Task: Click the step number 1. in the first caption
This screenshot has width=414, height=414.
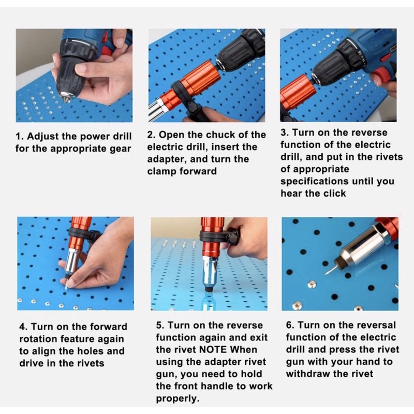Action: [20, 137]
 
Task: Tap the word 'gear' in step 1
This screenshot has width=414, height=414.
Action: [120, 149]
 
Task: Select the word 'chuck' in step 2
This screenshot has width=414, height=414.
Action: [220, 135]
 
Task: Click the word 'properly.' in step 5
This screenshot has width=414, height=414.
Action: [178, 398]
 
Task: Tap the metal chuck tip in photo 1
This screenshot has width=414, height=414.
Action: [66, 98]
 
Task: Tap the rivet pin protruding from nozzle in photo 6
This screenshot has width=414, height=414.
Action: [328, 270]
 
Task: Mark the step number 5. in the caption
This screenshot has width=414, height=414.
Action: [160, 326]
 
